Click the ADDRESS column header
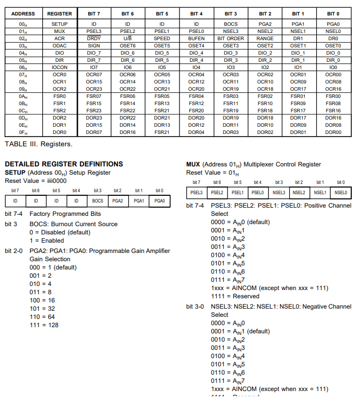point(23,13)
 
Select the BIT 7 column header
point(94,13)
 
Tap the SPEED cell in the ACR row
point(161,39)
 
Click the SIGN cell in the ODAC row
point(94,46)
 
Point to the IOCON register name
point(59,67)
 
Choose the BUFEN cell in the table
point(197,39)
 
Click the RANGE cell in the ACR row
point(265,39)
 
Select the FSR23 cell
point(94,110)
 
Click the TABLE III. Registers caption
point(39,144)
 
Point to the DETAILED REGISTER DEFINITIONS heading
point(63,164)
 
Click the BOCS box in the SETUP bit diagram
point(97,200)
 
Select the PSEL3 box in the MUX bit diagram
point(197,192)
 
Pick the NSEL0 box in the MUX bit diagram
point(341,192)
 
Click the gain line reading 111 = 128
point(44,325)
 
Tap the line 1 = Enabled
point(47,241)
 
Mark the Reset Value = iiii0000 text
point(37,181)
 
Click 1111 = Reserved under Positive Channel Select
point(233,296)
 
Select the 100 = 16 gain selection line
point(42,300)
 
